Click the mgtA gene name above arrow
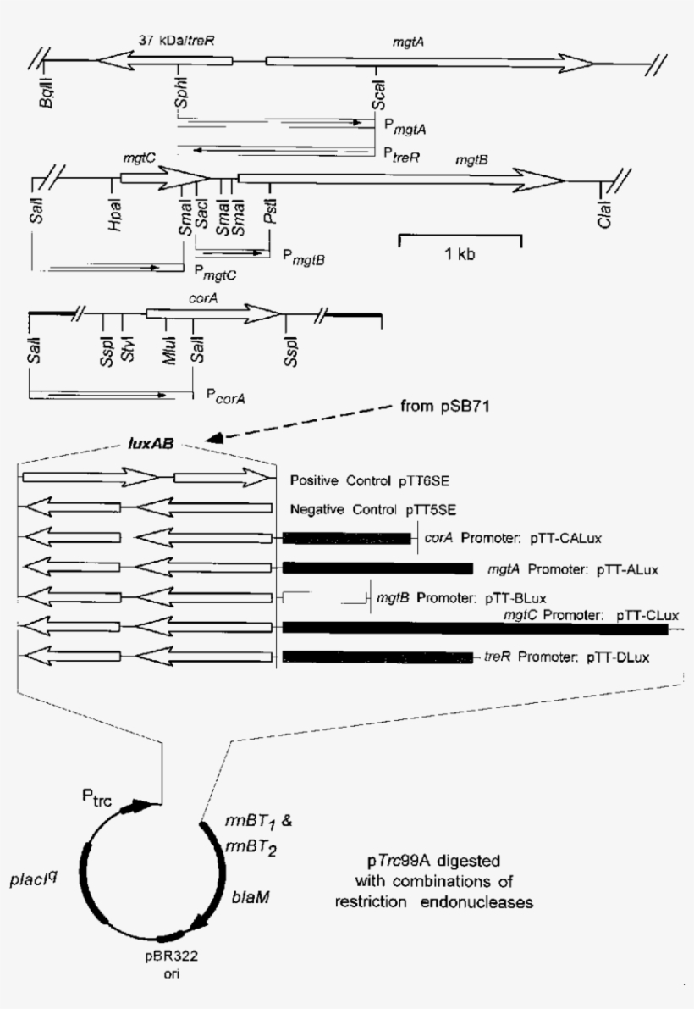[x=407, y=41]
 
